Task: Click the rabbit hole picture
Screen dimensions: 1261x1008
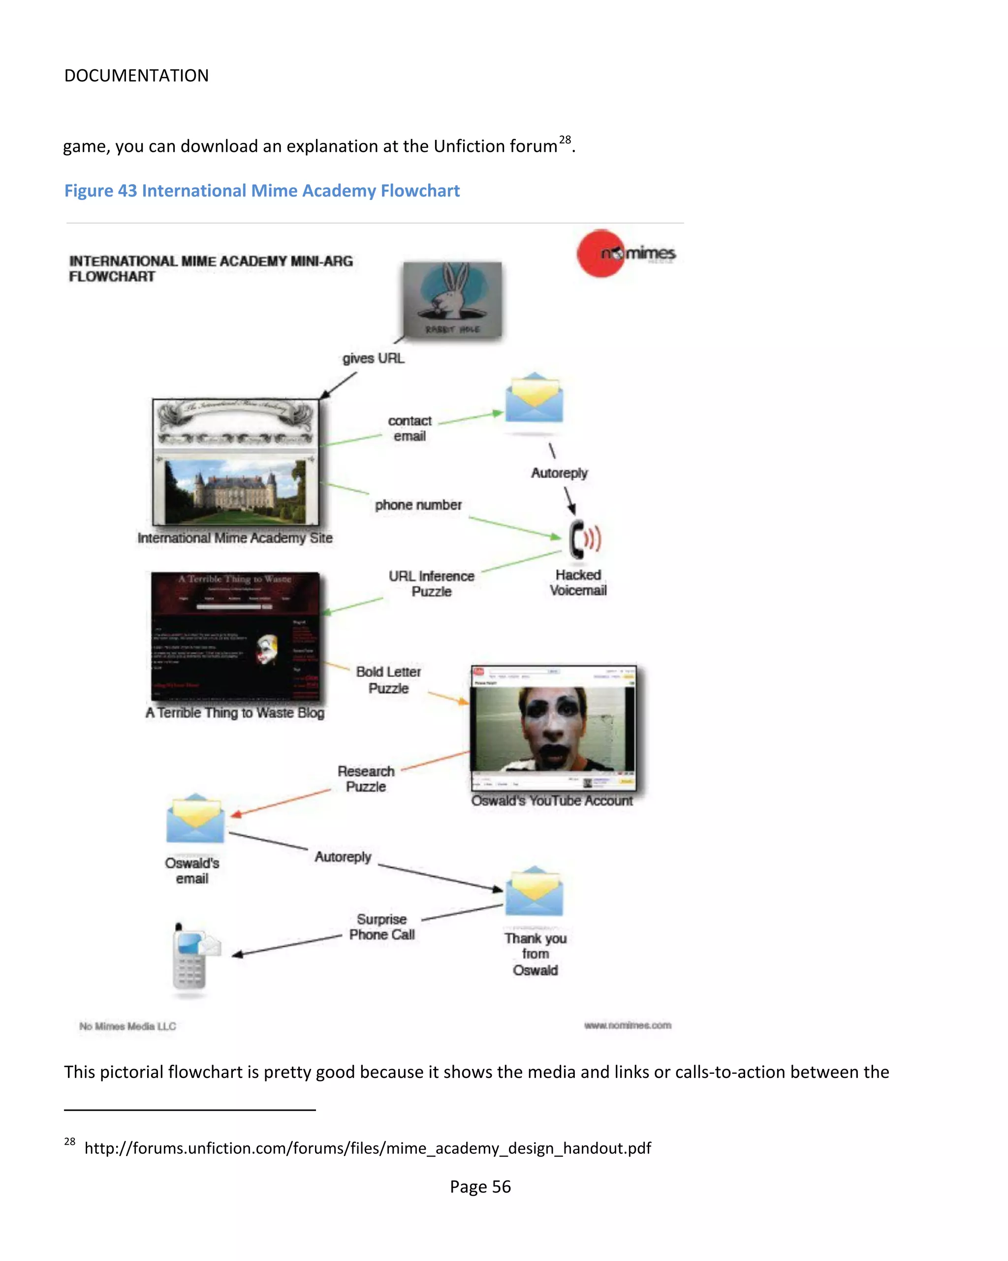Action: (x=452, y=299)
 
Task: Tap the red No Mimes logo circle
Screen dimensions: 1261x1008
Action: (x=600, y=253)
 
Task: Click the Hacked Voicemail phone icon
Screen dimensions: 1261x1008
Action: (x=584, y=539)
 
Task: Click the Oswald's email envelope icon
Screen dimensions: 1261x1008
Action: (x=195, y=819)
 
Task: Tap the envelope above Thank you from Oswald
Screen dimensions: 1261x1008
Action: (x=534, y=892)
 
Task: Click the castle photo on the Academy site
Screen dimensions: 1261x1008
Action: (x=235, y=491)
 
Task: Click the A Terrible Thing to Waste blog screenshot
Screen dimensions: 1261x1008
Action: (x=235, y=636)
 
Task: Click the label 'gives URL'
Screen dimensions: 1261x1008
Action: (x=373, y=358)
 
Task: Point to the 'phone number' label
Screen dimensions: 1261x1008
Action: (x=418, y=505)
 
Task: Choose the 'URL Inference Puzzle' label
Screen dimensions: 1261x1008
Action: (x=432, y=583)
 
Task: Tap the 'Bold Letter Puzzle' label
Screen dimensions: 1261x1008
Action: (x=388, y=679)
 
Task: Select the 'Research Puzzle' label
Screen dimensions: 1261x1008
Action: (x=366, y=778)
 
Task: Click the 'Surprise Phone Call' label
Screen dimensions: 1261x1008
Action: (x=382, y=927)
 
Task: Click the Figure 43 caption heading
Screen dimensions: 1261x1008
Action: (x=262, y=191)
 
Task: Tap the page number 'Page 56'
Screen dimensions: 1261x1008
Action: (x=480, y=1186)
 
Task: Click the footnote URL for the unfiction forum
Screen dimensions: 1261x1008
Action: (x=368, y=1148)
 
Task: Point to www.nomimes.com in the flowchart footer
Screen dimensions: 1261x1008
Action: (x=628, y=1025)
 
